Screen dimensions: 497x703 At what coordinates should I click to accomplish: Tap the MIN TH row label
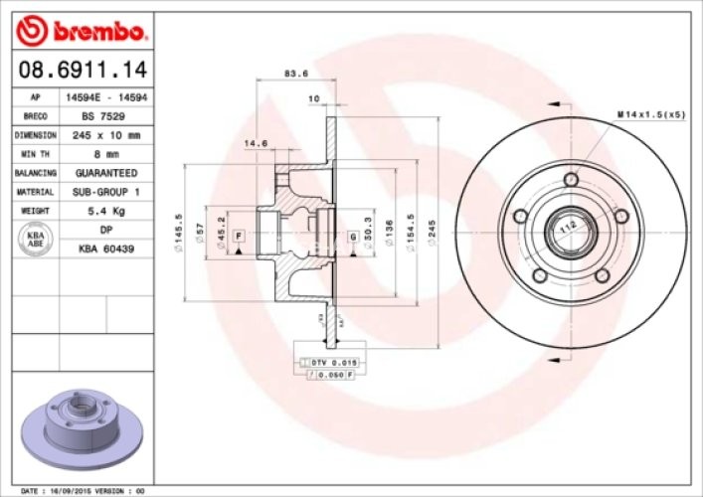click(36, 154)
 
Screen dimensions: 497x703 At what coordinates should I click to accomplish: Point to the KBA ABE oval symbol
click(35, 239)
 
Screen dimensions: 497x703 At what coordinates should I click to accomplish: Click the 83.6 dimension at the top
click(295, 74)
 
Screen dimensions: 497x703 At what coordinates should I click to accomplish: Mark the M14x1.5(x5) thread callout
click(651, 116)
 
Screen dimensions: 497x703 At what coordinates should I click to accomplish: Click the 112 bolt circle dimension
click(568, 228)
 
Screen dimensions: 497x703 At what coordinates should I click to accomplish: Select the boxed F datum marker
click(239, 235)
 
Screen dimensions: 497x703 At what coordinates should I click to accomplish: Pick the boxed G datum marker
click(353, 236)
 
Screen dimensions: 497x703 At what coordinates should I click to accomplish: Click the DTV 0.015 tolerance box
click(333, 362)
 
